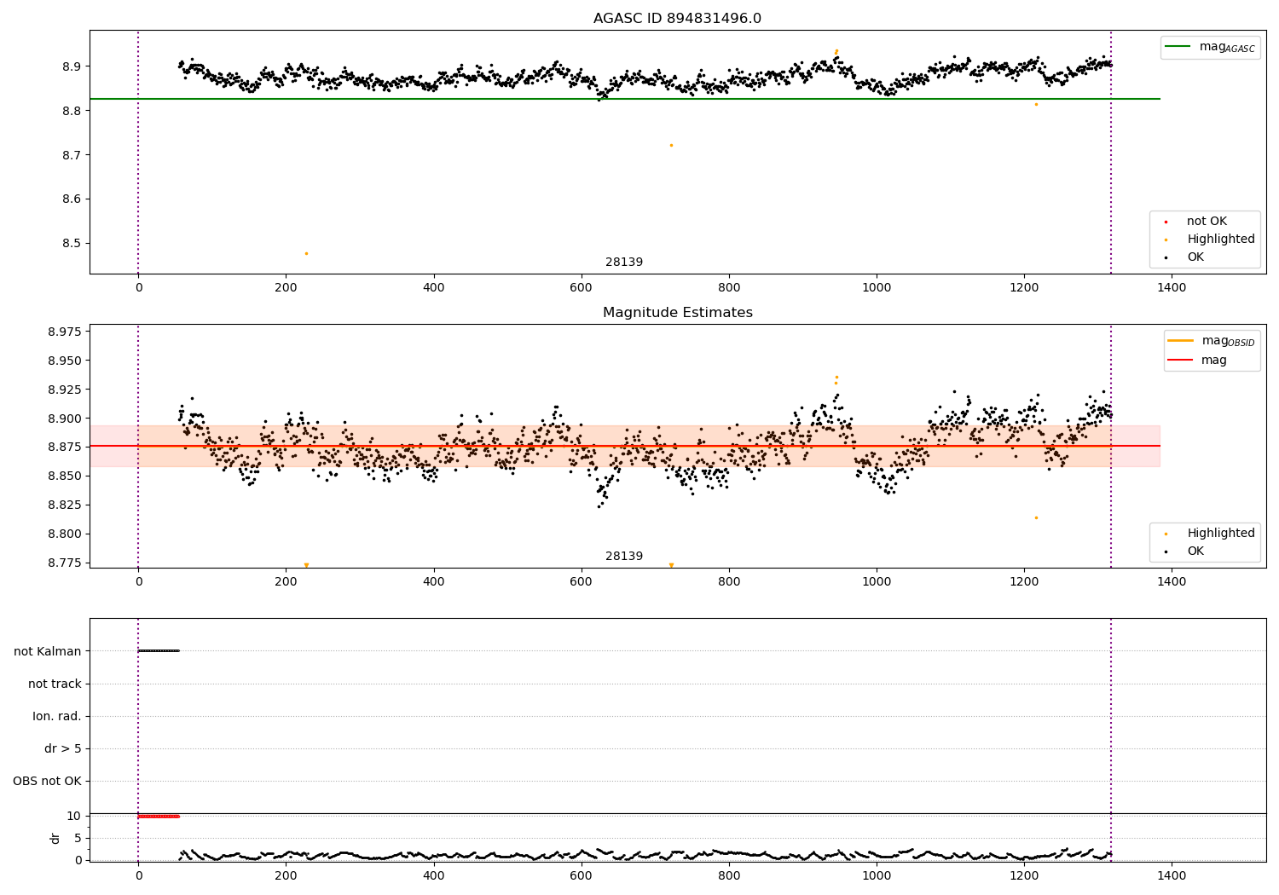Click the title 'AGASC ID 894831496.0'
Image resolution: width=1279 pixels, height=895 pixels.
point(677,19)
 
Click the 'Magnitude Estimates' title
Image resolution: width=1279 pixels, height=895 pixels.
point(677,313)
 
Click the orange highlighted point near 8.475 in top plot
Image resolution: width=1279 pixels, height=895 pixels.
point(306,253)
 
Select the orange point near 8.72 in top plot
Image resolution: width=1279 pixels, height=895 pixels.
point(671,145)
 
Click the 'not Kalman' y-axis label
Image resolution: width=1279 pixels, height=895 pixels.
point(47,651)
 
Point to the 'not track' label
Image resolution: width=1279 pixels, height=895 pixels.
point(55,684)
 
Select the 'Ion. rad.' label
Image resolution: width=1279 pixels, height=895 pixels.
point(56,716)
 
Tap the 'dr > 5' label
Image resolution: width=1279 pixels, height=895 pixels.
point(62,748)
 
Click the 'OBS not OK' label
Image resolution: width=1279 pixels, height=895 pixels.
point(47,781)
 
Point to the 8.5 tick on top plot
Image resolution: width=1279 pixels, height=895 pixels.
point(72,243)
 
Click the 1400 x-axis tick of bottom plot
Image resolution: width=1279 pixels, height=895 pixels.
point(1172,875)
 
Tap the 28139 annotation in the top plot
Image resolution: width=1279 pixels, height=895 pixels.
point(624,263)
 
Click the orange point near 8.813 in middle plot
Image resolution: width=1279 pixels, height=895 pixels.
point(1036,517)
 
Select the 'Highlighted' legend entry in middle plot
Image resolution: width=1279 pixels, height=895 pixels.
point(1220,534)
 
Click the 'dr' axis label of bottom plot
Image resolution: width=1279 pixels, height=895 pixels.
point(55,838)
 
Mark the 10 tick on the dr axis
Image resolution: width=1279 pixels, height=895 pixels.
point(73,816)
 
